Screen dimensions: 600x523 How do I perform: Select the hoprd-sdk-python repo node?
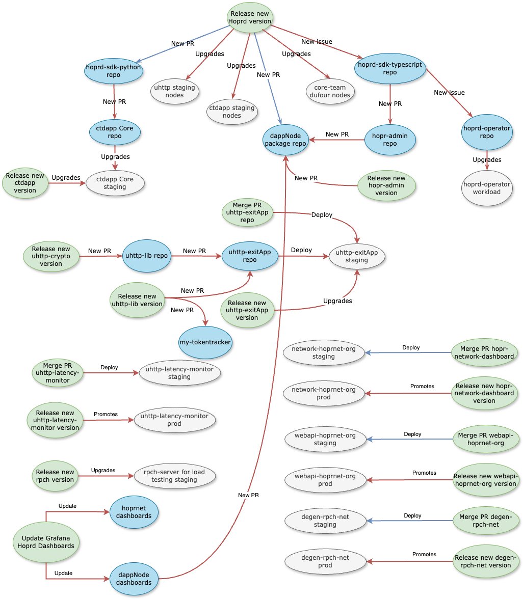coord(113,71)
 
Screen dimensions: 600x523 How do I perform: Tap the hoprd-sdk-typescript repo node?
coord(390,69)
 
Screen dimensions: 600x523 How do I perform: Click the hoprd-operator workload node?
coord(487,188)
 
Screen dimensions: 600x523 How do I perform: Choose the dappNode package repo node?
coord(285,140)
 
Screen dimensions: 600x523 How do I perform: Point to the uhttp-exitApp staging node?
coord(356,256)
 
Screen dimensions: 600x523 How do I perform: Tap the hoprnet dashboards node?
coord(134,512)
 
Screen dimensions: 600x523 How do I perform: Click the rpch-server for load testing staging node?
coord(174,476)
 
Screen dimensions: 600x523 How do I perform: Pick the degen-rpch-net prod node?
coord(325,561)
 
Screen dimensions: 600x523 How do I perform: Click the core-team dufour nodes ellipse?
coord(330,91)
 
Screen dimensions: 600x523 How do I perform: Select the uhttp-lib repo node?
coord(147,256)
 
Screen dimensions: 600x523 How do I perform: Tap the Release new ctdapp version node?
coord(25,183)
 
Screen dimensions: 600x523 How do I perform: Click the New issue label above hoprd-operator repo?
coord(449,93)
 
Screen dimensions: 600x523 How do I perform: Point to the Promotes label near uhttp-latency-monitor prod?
coord(106,414)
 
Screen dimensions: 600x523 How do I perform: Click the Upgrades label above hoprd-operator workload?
coord(487,159)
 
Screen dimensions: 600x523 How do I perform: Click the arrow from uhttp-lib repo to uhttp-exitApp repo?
coord(196,256)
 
